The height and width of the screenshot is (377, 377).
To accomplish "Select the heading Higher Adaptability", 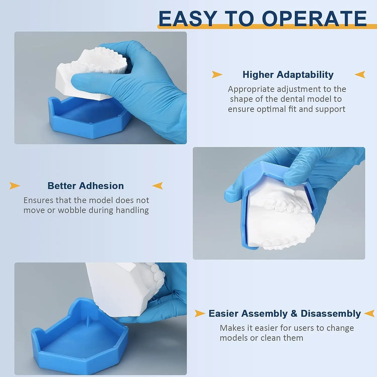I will [x=288, y=75].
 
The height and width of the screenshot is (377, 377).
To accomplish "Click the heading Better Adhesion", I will [x=85, y=186].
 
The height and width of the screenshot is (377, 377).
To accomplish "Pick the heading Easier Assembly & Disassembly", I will [x=285, y=313].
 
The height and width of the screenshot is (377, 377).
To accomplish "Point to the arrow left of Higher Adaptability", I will [x=217, y=74].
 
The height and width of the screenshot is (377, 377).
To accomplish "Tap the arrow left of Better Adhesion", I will [x=14, y=186].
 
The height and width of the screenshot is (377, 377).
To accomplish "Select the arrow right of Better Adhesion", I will [x=158, y=186].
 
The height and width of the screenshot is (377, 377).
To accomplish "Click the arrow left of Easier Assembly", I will [x=200, y=313].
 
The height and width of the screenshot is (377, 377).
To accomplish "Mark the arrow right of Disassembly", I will [x=369, y=313].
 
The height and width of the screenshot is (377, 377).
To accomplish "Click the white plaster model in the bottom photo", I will [x=121, y=287].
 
